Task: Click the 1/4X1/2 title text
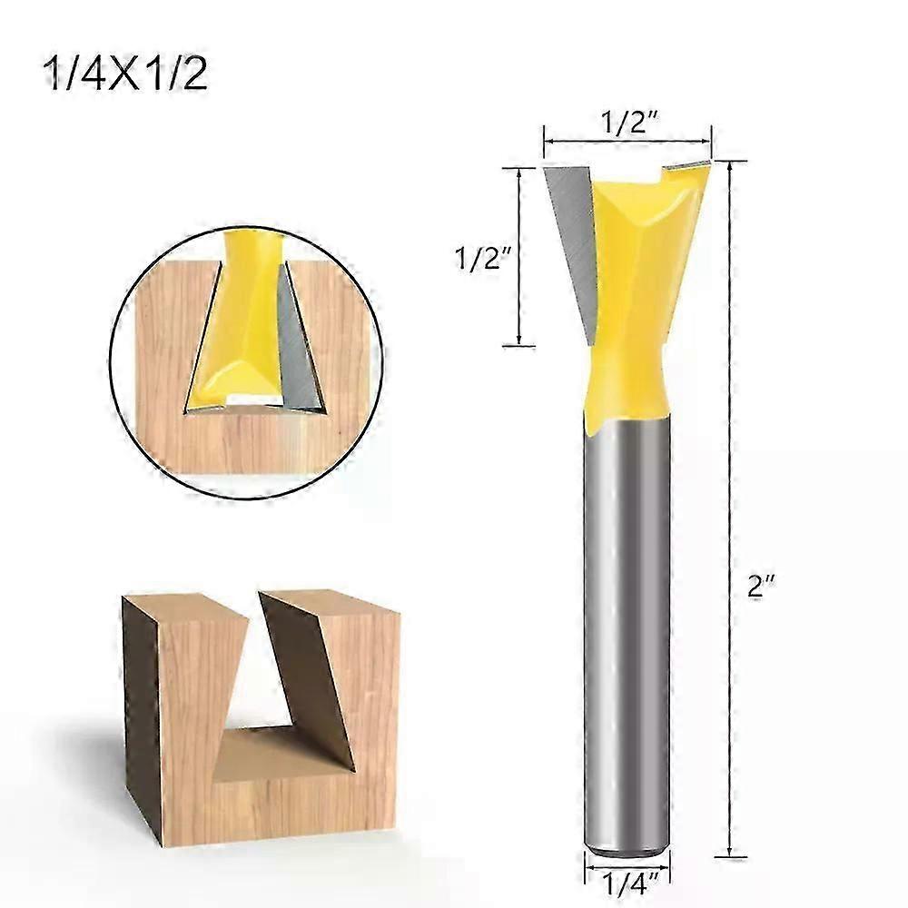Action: click(x=125, y=75)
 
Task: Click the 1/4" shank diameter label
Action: click(x=627, y=882)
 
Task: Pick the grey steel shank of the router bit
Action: click(x=627, y=636)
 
